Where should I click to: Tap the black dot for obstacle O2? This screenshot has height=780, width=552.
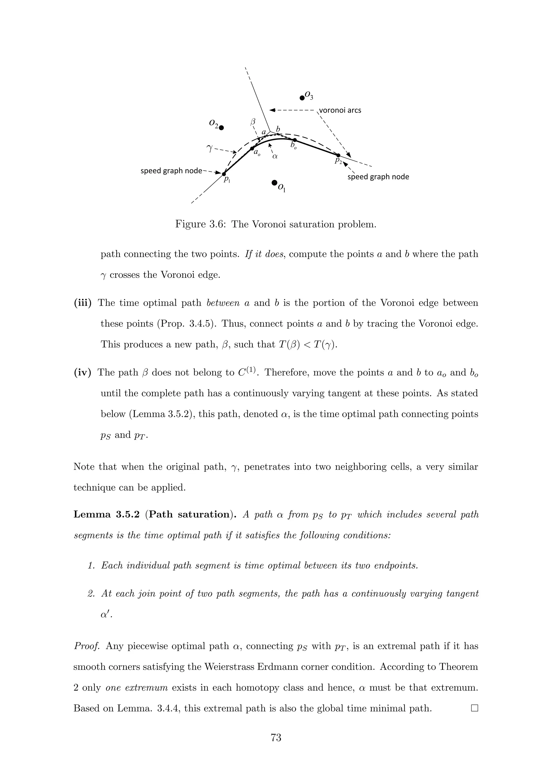click(x=222, y=128)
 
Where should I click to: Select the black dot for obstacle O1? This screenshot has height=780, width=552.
click(x=274, y=183)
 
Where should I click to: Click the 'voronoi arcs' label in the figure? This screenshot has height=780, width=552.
click(x=340, y=110)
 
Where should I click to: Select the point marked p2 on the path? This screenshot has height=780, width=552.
click(x=338, y=155)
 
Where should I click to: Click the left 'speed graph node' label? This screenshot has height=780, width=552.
click(x=171, y=171)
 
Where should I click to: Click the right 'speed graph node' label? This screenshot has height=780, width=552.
click(x=378, y=177)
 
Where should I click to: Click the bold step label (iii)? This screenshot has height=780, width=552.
click(x=82, y=303)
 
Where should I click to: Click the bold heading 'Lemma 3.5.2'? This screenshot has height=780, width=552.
click(x=106, y=514)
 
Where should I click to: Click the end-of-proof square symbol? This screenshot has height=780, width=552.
click(x=474, y=708)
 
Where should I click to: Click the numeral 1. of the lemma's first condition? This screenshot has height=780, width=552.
click(x=91, y=566)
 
